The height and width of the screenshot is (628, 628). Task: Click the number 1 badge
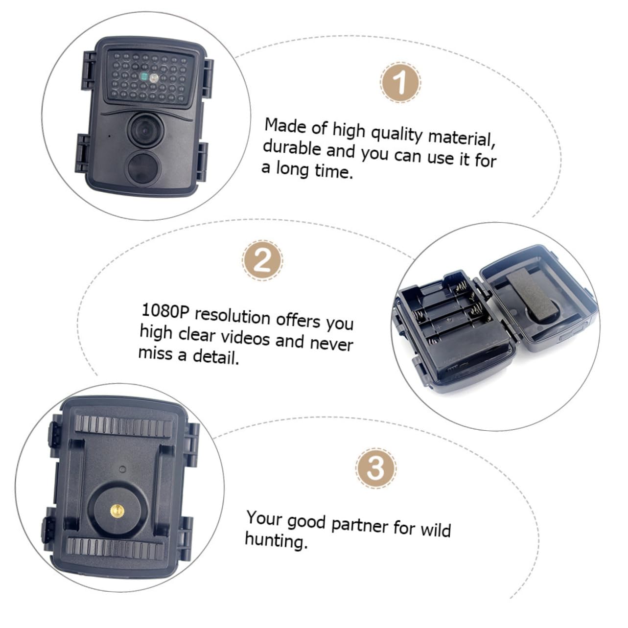coord(400,82)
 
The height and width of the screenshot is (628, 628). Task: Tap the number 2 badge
coord(263,260)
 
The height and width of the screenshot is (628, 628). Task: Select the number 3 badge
coord(376,468)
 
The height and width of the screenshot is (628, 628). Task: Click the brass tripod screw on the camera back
coord(116,511)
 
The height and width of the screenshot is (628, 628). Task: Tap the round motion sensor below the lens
coord(142,168)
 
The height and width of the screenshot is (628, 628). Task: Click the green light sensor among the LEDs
coord(143,77)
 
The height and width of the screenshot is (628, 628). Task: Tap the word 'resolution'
coord(233,317)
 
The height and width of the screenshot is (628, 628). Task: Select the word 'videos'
coord(245,338)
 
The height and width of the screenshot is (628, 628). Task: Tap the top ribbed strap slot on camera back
coord(123,427)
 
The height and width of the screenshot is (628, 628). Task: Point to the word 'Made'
coord(285,126)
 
